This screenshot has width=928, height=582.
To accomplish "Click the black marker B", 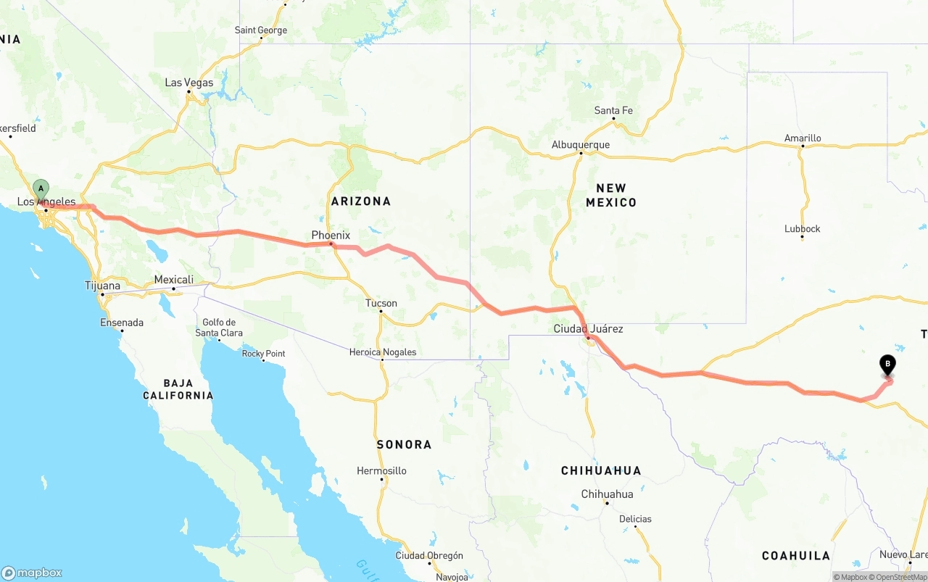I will tap(887, 365).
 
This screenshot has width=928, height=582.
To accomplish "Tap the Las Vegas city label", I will tap(189, 83).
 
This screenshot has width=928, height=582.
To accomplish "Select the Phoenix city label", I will tap(331, 236).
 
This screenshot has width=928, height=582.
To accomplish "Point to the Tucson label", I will tap(381, 303).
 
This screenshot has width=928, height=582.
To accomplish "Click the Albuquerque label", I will tap(580, 145).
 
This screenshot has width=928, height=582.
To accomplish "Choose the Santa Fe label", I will tap(613, 111).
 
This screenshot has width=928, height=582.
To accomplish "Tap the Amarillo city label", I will tap(803, 138).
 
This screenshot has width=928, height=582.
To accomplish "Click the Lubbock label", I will tap(802, 229).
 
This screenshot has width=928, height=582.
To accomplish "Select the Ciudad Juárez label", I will tap(588, 329).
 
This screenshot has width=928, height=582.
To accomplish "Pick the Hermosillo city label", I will tap(381, 471).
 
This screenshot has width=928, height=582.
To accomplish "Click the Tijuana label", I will tap(102, 286).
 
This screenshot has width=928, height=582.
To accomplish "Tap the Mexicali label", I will tap(174, 280).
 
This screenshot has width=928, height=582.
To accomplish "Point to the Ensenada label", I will tap(122, 323).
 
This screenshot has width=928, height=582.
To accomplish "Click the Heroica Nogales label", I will tap(383, 352).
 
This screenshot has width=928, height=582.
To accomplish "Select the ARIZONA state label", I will tap(361, 201).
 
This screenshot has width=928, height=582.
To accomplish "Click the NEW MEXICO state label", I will tap(611, 195).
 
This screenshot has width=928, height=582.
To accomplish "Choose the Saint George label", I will tap(261, 30).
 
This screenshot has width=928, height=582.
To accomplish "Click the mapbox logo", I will tap(32, 573).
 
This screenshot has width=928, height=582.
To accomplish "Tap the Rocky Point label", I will tap(264, 354).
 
